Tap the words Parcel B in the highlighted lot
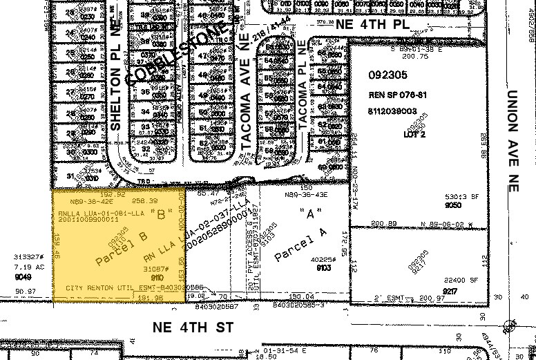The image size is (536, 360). click(x=115, y=245)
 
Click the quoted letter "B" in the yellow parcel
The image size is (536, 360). click(x=161, y=215)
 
